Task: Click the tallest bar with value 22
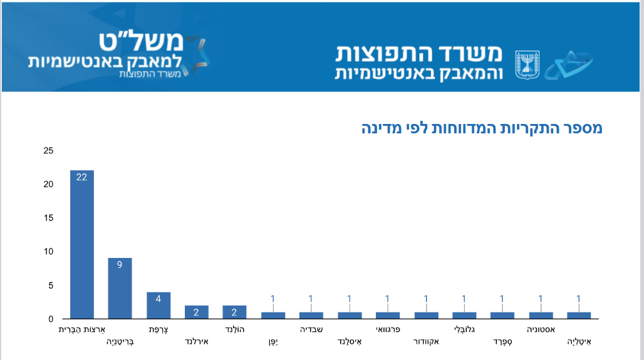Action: click(82, 244)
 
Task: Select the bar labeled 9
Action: click(120, 288)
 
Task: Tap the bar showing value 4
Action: click(158, 305)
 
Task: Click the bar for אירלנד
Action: click(197, 312)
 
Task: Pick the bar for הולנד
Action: click(234, 312)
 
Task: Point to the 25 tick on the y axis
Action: click(48, 151)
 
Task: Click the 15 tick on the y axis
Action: click(48, 218)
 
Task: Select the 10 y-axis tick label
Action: click(48, 252)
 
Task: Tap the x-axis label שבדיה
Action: click(311, 329)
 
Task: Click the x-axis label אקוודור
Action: click(426, 342)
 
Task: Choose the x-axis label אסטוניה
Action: click(541, 329)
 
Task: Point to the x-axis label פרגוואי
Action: click(388, 329)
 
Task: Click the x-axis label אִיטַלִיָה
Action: click(579, 342)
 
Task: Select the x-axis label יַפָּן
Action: click(273, 342)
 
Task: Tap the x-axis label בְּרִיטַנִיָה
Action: click(120, 342)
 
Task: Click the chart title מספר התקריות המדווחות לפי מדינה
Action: click(482, 128)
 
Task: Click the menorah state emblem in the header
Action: click(527, 64)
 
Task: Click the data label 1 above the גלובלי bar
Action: click(464, 299)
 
